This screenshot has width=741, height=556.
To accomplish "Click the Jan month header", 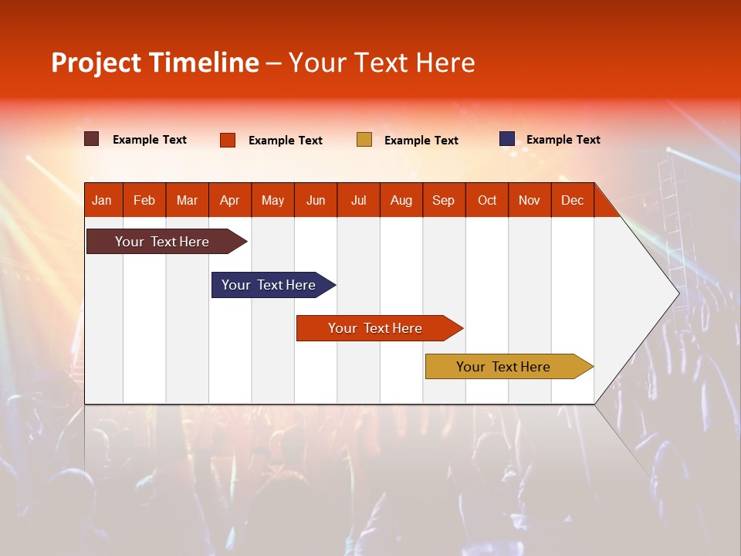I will click(x=103, y=200).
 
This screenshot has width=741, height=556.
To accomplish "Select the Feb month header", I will click(x=144, y=200).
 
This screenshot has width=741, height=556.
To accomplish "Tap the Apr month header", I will click(x=230, y=200).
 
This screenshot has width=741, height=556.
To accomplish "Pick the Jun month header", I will click(x=316, y=200).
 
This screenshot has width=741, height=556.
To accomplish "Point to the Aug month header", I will click(x=401, y=200).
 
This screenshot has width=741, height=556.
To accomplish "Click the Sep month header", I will click(x=444, y=200).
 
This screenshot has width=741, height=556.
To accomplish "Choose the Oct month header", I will click(x=487, y=200).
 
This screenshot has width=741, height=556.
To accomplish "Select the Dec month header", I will click(x=573, y=200).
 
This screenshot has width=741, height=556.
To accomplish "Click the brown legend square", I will click(x=92, y=139).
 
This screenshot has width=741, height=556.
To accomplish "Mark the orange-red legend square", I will click(x=228, y=140).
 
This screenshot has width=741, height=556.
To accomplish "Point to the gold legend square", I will click(x=364, y=140).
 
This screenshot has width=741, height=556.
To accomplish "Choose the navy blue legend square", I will click(x=507, y=139).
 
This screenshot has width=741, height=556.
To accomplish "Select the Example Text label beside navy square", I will click(x=563, y=140).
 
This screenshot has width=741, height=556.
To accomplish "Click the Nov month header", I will click(x=530, y=200).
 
